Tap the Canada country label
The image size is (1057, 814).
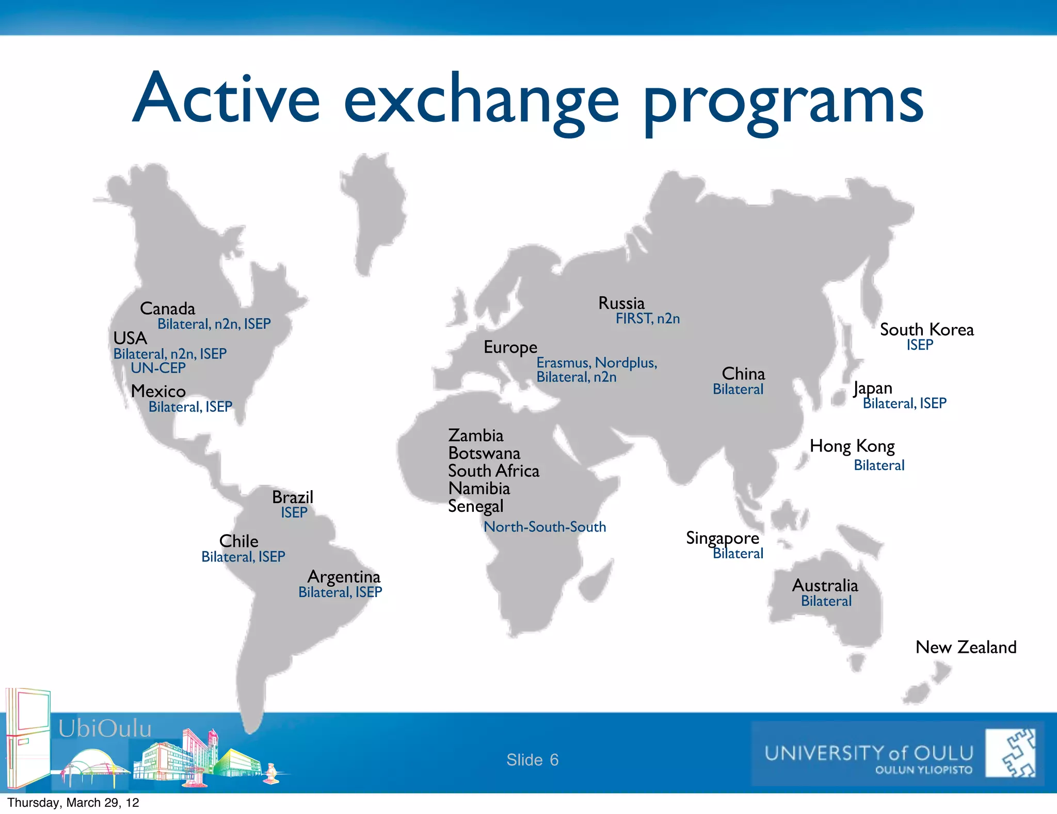pos(167,309)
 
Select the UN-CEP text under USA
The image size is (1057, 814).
pos(158,368)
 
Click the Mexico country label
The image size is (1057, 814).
pos(158,391)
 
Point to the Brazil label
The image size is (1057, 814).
pos(293,497)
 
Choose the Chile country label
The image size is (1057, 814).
pos(238,541)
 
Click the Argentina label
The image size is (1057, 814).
pos(344,576)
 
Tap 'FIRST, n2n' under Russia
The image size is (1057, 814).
pos(647,319)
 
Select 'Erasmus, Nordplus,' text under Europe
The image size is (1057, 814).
pos(597,363)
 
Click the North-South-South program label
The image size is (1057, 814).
pos(544,527)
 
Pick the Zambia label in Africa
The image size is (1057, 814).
pos(475,435)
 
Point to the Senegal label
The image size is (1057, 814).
pos(475,506)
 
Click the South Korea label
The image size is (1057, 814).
pos(926,330)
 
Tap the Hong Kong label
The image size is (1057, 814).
pos(852,446)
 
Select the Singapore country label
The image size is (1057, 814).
pos(722,538)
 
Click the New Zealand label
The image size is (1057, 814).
pos(966,647)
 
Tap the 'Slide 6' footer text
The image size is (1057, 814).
pos(532,760)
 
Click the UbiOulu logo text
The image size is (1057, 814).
pos(105,729)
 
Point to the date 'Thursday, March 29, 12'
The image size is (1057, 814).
pos(73,803)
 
